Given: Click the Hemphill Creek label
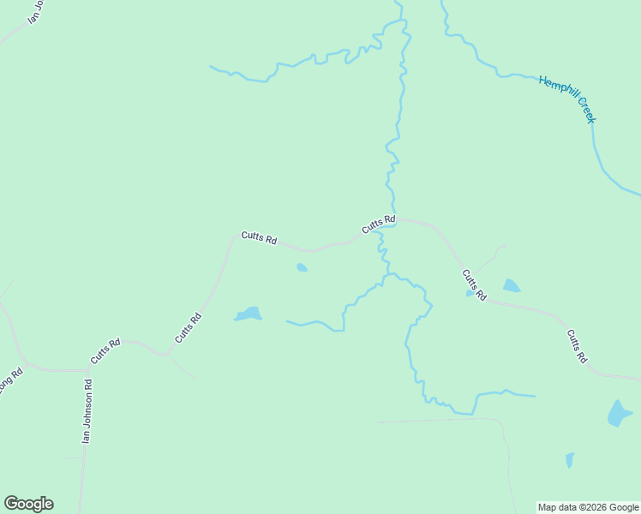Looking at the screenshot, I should pos(566,99).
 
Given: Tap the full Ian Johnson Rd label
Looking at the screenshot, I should pos(86,411).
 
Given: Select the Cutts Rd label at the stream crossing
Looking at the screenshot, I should pos(378,225).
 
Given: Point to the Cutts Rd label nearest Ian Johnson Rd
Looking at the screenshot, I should pos(105,350).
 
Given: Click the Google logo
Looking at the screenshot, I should pos(28,504).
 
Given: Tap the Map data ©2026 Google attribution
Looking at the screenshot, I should pos(588,507).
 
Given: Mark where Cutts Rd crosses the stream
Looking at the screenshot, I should pos(393,221).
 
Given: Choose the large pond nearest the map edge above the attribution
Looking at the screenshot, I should pos(619,413).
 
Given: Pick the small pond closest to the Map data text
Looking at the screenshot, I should pos(570,460).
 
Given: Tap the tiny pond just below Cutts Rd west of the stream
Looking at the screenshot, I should pos(302,268).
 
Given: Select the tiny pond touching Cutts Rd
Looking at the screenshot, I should pos(470,293).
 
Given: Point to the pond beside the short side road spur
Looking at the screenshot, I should pos(511,285).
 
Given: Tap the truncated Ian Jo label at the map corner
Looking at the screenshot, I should pos(35,11).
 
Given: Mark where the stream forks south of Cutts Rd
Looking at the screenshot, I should pos(386,276).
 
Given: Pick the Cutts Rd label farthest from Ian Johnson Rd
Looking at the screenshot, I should pos(576,345).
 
